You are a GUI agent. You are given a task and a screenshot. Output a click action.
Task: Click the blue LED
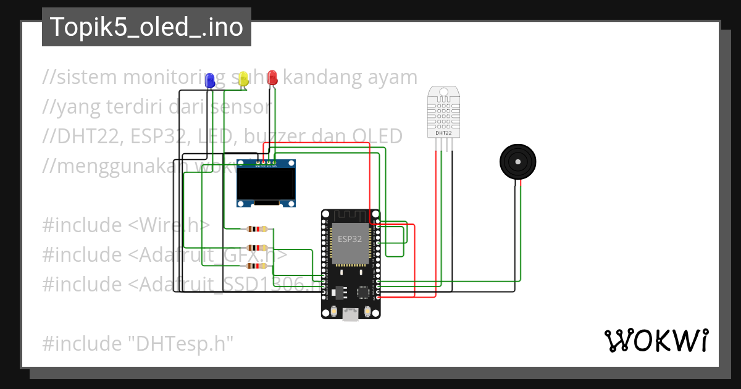(210, 80)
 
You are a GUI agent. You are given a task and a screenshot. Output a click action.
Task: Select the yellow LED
(243, 78)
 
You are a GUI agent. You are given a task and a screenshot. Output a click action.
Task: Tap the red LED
(272, 78)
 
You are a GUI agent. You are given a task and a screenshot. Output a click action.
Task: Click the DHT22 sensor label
(443, 133)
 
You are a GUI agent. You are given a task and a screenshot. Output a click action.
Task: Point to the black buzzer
(517, 162)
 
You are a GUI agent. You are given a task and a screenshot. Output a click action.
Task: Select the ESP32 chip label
(350, 239)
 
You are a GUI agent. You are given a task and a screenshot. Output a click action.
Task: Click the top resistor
(257, 229)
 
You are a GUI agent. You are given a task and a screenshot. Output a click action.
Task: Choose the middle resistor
(257, 248)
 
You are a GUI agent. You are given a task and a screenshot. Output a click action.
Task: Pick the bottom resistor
(257, 266)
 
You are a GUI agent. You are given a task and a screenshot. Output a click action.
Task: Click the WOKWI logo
(656, 341)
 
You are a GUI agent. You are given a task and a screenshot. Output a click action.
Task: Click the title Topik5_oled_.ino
(146, 27)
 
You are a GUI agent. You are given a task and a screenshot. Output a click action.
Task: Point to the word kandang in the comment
(315, 77)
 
